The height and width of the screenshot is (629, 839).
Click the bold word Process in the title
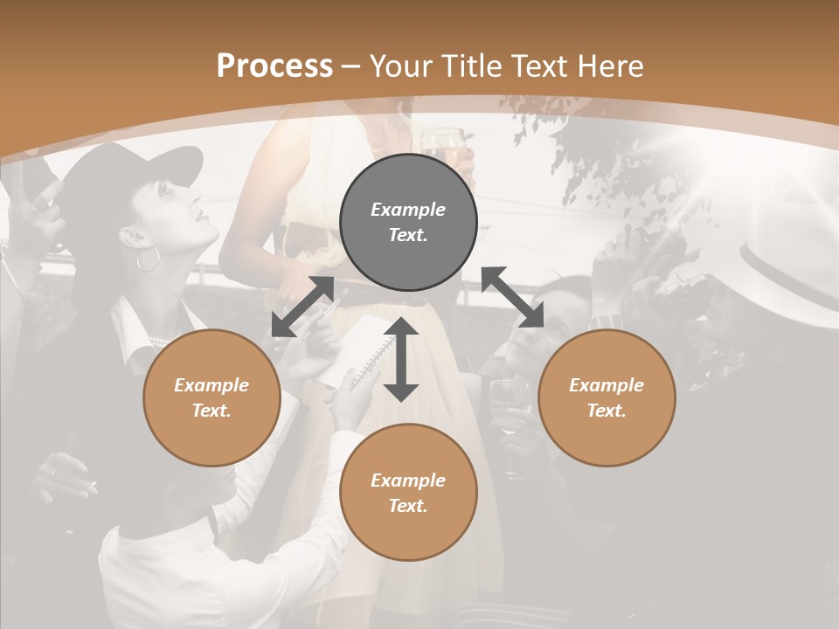point(274,66)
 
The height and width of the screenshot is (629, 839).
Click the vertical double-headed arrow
point(401,359)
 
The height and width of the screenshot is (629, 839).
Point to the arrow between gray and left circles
point(302,307)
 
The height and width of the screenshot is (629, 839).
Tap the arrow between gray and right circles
point(513,297)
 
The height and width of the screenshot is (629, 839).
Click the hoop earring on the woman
point(147,259)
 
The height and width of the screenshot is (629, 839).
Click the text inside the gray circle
point(408,223)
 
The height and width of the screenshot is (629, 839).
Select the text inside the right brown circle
point(607,397)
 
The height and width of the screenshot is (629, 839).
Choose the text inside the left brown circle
point(211,397)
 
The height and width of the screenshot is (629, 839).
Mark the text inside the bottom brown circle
point(408,493)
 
